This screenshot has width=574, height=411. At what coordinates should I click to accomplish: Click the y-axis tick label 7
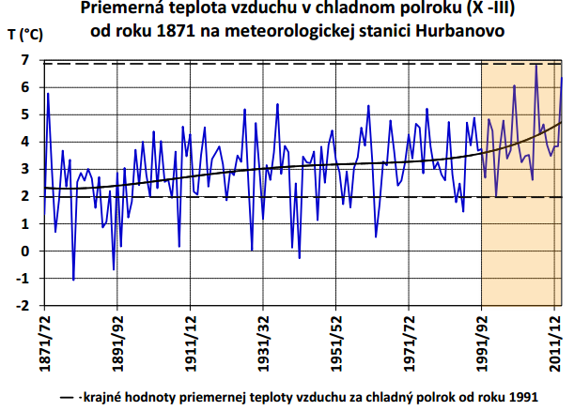(x=24, y=61)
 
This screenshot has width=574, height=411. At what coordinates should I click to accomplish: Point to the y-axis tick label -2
(x=23, y=306)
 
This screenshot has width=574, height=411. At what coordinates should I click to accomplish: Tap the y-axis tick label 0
(x=24, y=251)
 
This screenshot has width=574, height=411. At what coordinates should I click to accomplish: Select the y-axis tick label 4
(x=24, y=143)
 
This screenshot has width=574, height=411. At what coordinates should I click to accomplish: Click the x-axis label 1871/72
(x=41, y=341)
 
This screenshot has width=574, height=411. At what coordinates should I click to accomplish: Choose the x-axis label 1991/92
(x=481, y=341)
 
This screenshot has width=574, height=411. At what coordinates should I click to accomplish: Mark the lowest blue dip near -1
(x=73, y=279)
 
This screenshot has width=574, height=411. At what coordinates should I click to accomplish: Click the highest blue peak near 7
(x=535, y=64)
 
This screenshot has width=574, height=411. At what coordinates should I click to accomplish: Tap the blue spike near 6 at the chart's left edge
(x=48, y=94)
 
